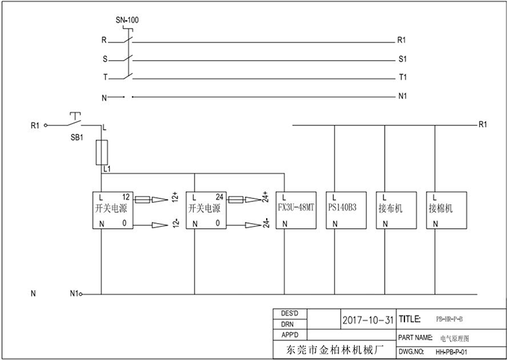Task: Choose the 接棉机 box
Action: pos(447,210)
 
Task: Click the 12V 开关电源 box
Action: pos(114,210)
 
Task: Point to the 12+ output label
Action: pos(176,199)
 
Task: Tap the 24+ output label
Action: pos(266,199)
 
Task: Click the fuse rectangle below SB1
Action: pos(101,153)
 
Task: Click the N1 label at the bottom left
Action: pos(74,294)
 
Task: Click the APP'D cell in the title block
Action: pos(289,334)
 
